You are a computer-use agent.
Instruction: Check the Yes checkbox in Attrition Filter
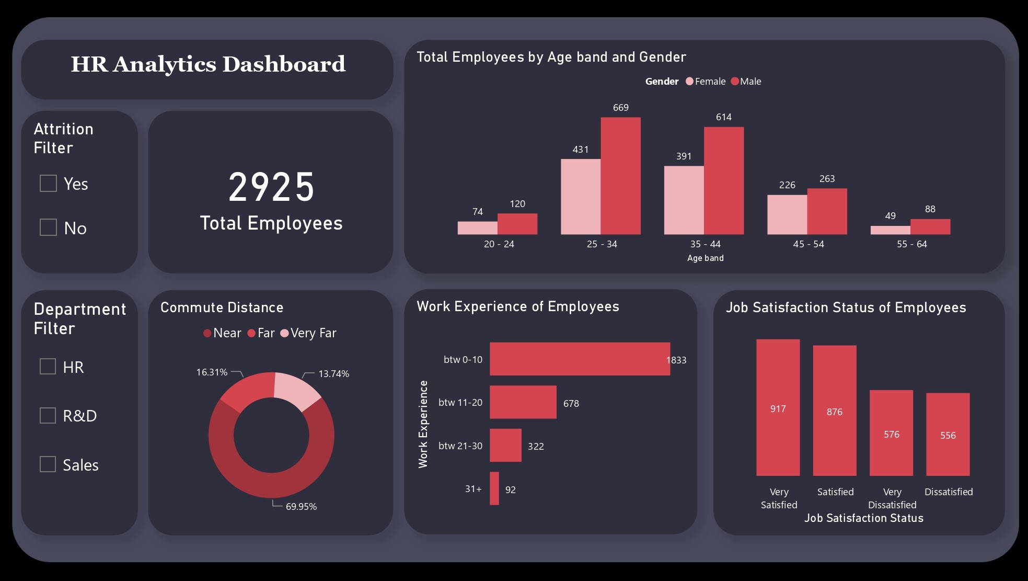48,184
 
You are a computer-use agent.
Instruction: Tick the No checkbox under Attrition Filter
48,227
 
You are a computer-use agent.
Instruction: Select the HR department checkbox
48,367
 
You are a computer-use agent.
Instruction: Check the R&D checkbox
48,416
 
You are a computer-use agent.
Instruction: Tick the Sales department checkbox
48,464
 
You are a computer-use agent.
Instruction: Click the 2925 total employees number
271,187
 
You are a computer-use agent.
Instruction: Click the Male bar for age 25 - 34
620,176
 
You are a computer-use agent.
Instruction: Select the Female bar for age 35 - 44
684,200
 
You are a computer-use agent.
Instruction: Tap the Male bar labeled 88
930,226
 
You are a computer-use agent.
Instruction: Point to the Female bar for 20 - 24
477,228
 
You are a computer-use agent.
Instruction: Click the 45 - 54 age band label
808,244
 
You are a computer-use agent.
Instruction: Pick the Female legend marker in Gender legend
689,82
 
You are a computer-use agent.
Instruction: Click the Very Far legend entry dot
284,333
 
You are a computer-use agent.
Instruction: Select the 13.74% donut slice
295,390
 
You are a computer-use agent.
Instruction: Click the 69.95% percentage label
301,507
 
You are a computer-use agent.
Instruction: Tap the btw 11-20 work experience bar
523,402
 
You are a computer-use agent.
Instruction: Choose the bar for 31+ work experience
494,488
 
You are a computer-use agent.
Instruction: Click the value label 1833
676,360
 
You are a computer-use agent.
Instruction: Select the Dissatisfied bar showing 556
948,434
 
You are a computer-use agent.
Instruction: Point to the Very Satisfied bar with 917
778,407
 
